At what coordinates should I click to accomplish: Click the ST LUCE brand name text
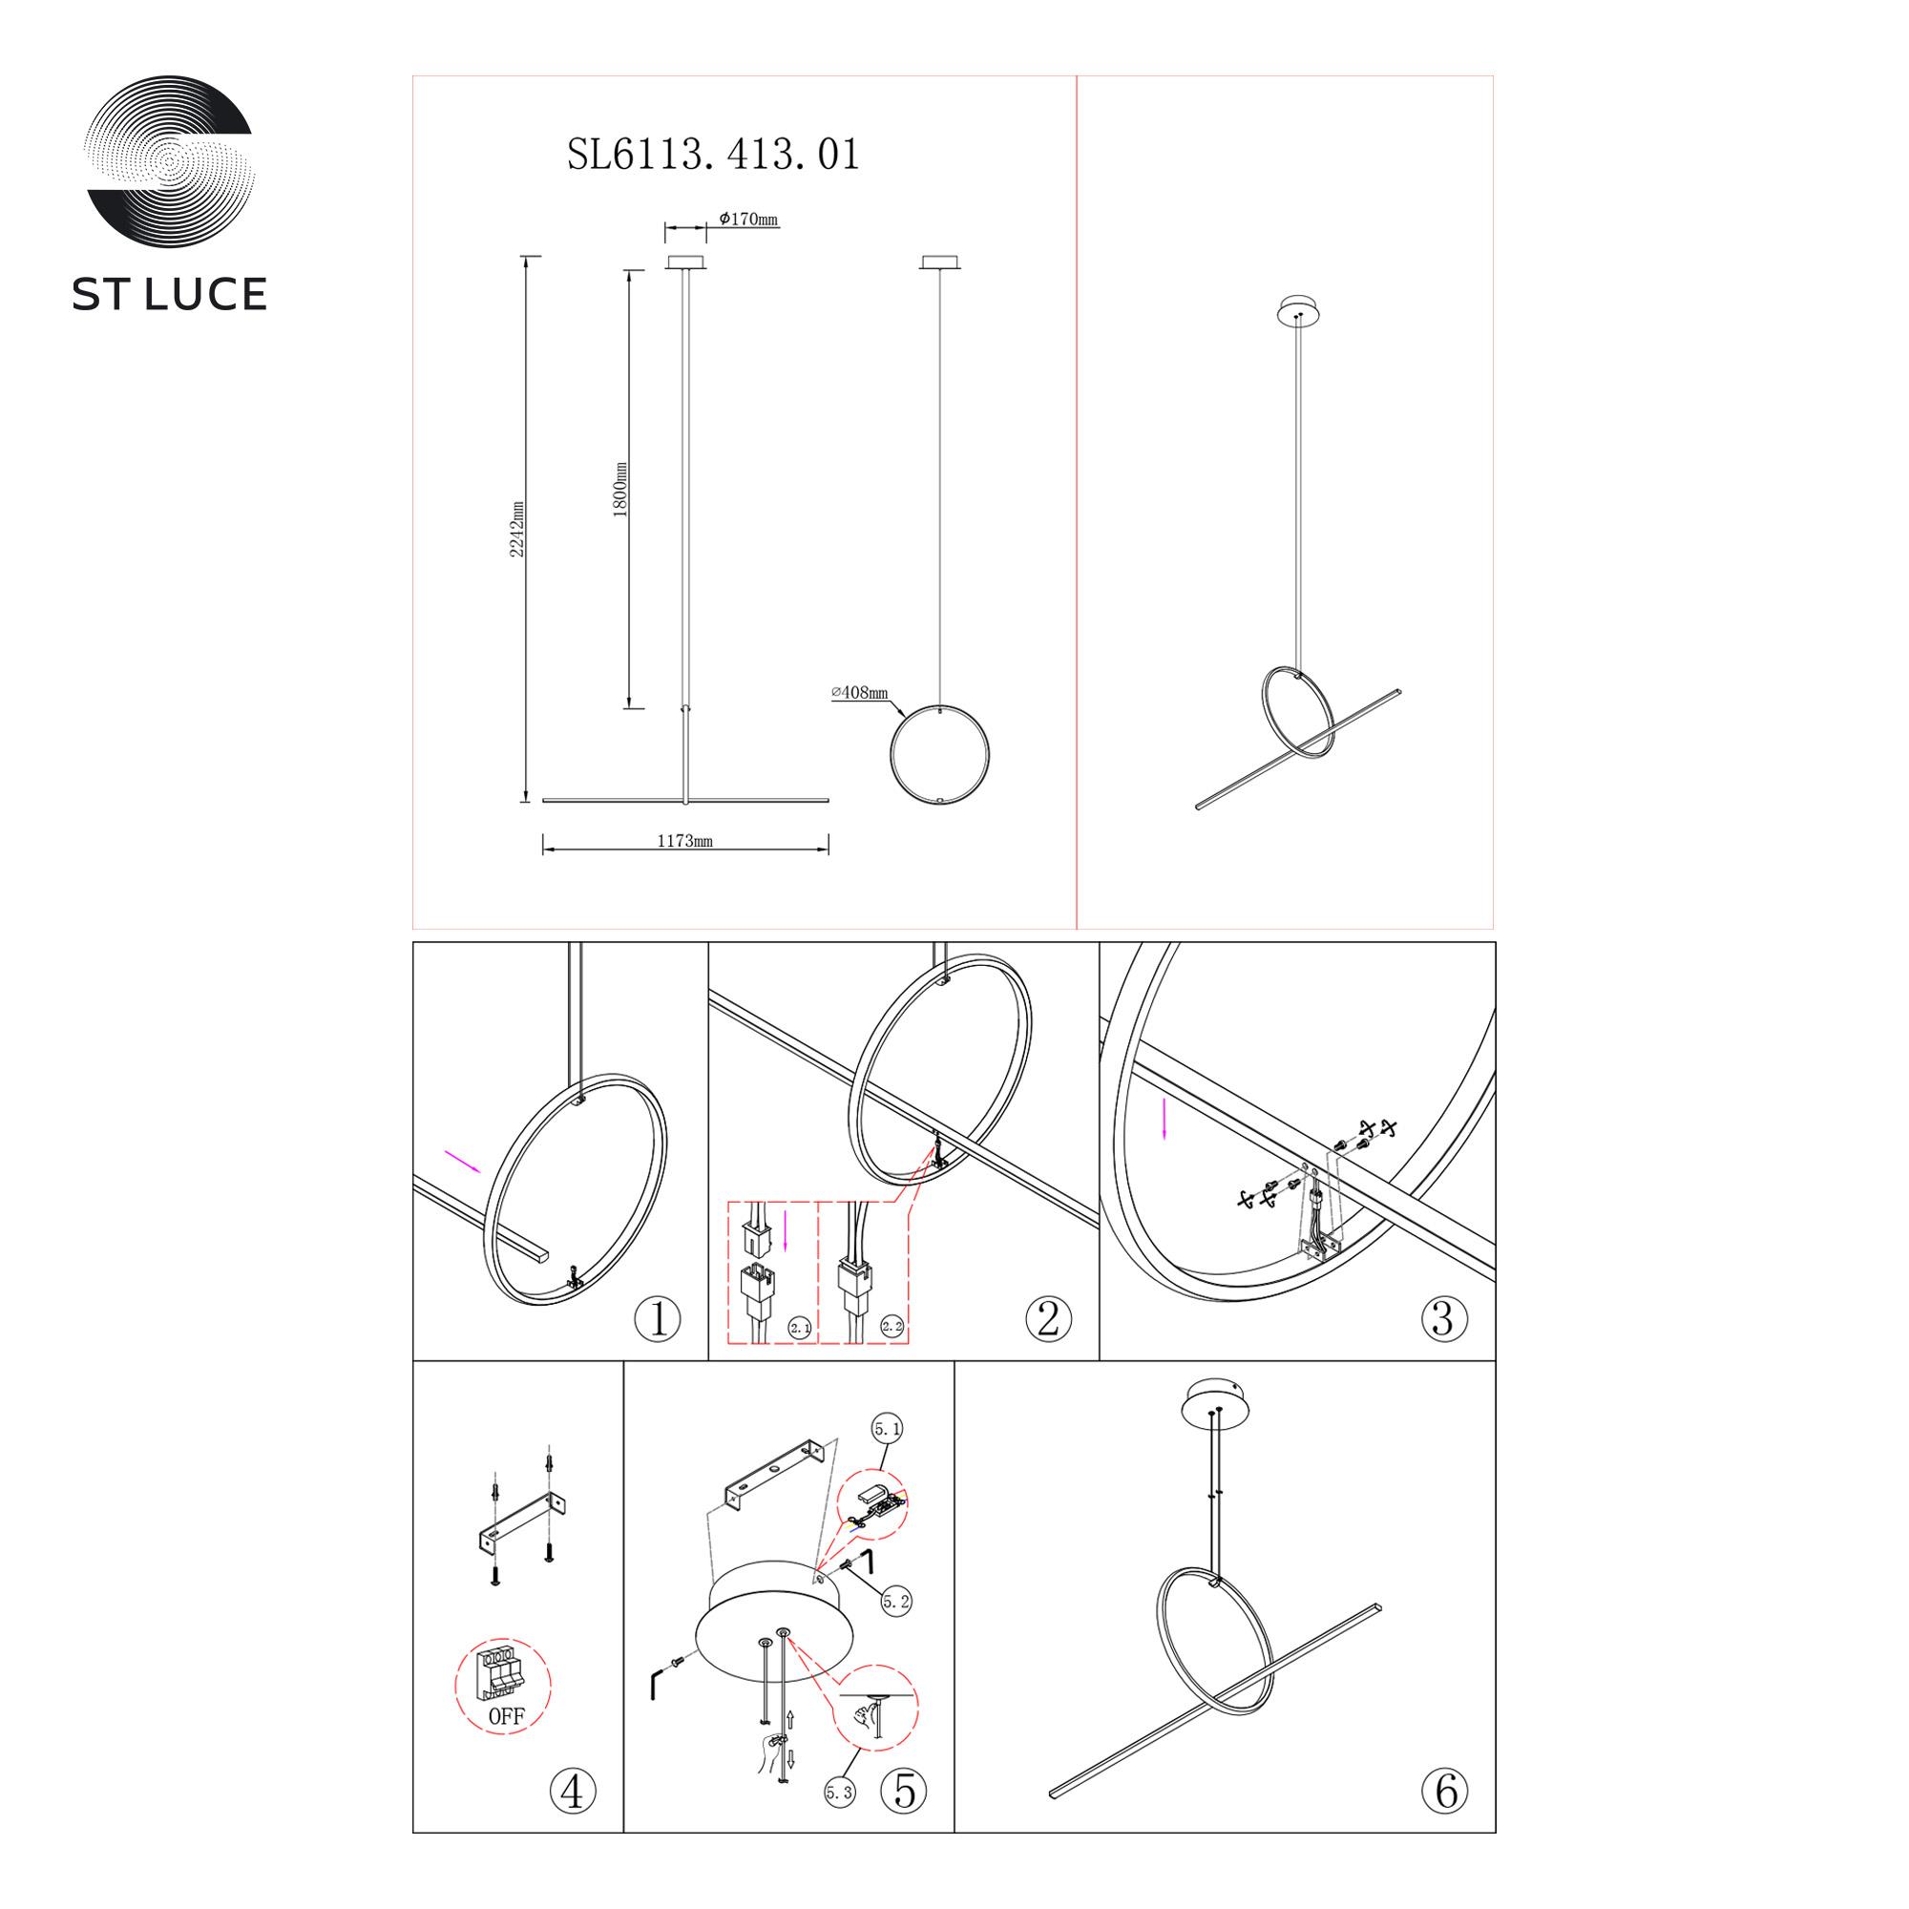(169, 294)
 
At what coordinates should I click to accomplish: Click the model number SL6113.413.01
(713, 154)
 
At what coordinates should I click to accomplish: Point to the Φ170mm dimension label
(748, 219)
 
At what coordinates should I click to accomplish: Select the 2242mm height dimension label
(516, 529)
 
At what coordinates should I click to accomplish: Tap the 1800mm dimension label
(620, 489)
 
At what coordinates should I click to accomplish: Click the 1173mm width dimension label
(684, 842)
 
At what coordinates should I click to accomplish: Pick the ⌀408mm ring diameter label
(860, 693)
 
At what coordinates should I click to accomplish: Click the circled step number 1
(658, 1318)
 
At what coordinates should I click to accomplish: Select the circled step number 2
(1048, 1318)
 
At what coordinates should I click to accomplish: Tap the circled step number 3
(1443, 1318)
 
